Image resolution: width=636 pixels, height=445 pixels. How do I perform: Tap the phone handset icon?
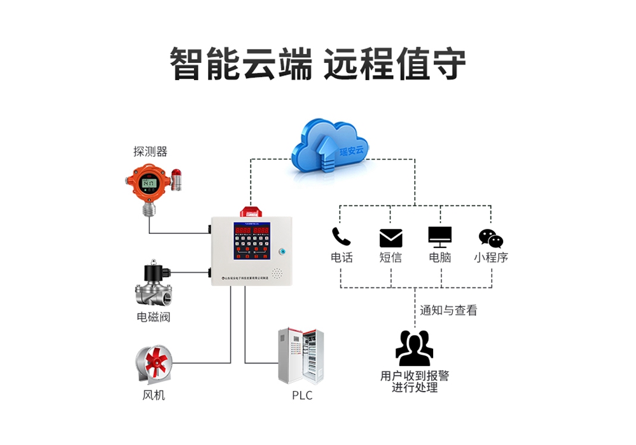tap(342, 236)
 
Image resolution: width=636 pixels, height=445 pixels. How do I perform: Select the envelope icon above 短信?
tap(391, 238)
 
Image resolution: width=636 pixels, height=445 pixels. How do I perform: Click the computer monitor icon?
tap(440, 236)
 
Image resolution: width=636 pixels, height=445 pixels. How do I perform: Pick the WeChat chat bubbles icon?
tap(490, 238)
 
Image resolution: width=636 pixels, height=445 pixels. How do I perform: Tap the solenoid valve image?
tap(153, 284)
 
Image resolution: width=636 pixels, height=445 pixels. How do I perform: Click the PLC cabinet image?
tap(301, 355)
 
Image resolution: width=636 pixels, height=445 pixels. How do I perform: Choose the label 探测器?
tap(150, 151)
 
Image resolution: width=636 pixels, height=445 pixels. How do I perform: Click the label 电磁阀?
tap(153, 317)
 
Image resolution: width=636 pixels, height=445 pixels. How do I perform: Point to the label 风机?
tap(153, 395)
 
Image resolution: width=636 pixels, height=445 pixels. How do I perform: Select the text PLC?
tap(302, 395)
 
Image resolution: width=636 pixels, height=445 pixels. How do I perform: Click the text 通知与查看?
tap(448, 310)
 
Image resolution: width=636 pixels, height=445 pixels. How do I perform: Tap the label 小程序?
tap(491, 257)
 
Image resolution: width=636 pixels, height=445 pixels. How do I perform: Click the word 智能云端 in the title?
tap(241, 64)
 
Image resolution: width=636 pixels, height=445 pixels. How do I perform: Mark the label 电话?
tap(342, 257)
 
